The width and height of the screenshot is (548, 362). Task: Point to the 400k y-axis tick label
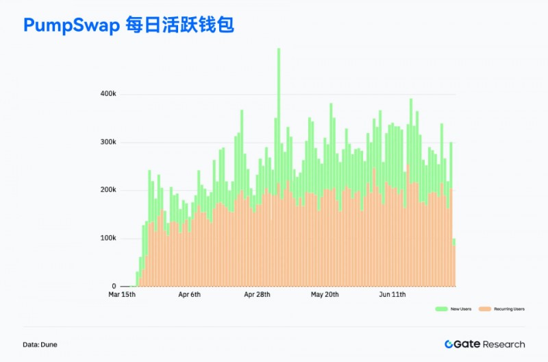coord(108,94)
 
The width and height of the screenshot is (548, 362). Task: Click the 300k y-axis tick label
coord(108,143)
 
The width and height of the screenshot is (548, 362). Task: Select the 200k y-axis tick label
coord(108,190)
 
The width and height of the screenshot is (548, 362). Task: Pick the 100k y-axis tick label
coord(108,238)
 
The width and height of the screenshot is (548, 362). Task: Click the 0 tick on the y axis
coord(114,286)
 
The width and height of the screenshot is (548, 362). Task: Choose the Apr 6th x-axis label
coord(189,295)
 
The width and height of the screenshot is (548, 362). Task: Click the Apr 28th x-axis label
coord(258,295)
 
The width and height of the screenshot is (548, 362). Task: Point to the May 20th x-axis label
coord(325,295)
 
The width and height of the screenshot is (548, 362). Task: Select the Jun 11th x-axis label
coord(393,295)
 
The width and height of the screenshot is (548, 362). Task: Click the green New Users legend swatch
coord(441,309)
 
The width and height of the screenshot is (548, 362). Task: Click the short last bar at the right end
coord(453,263)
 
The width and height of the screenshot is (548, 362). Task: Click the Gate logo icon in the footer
coord(449,344)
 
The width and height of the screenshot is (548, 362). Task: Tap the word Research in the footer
coord(504,344)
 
